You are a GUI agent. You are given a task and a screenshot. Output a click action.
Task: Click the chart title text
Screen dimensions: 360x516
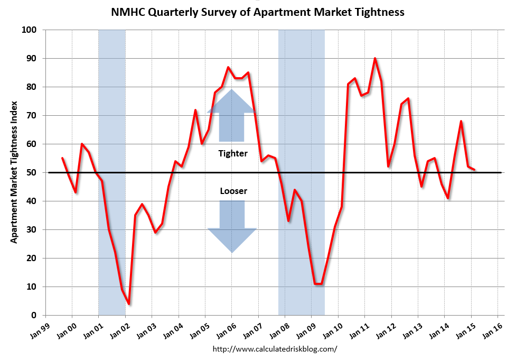click(x=258, y=12)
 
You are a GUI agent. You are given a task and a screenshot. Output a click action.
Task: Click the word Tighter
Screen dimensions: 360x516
click(x=232, y=154)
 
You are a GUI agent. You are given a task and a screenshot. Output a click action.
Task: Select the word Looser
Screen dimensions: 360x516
click(x=232, y=191)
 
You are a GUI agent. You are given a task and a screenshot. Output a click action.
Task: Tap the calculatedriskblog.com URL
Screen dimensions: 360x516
click(x=275, y=349)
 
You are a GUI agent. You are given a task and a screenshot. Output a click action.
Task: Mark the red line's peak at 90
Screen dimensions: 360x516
click(x=375, y=59)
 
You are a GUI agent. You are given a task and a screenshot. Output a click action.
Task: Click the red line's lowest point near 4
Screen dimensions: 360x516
click(x=129, y=304)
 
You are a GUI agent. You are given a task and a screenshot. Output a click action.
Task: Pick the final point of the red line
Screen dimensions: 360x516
click(x=475, y=170)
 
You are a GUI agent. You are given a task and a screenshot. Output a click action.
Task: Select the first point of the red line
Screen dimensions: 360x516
click(x=62, y=158)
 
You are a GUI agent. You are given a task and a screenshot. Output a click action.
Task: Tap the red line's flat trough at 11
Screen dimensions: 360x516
click(x=318, y=284)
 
